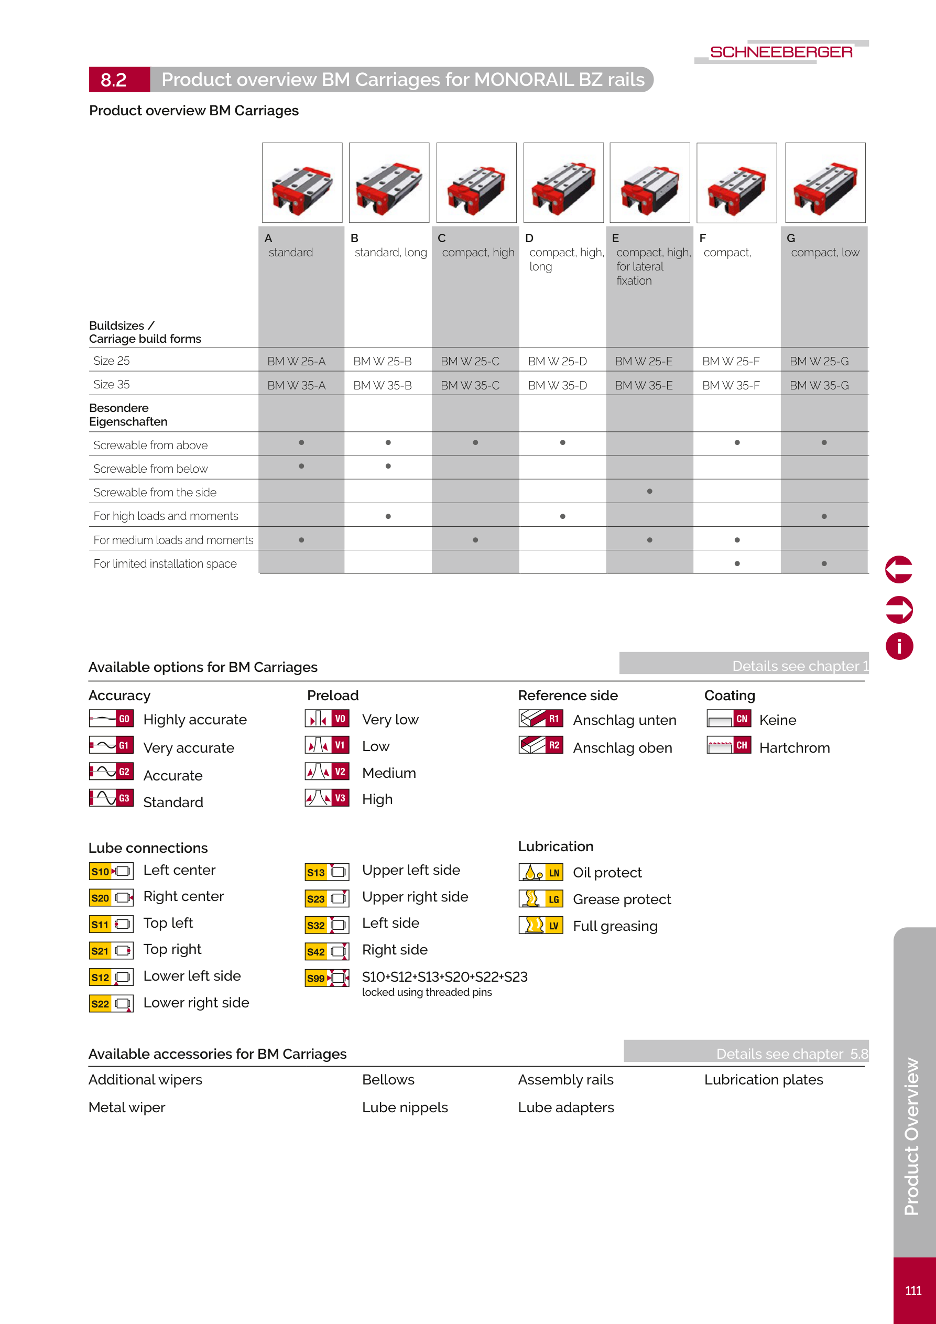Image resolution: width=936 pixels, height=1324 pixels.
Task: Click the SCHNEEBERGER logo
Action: [781, 52]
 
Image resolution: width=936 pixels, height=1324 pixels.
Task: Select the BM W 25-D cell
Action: [557, 362]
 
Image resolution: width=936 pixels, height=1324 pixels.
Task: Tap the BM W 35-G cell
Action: [819, 385]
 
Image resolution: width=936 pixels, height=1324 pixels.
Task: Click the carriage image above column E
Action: [650, 183]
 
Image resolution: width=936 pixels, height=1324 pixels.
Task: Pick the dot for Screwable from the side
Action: [650, 491]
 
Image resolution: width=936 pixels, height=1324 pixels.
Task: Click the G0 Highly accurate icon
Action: [111, 719]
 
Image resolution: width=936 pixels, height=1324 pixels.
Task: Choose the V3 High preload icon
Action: [327, 798]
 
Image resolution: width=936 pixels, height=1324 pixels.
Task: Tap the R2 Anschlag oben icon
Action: [541, 745]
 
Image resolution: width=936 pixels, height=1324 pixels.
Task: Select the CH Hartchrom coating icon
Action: [729, 745]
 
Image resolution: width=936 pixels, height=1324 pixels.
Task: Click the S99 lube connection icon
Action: [327, 978]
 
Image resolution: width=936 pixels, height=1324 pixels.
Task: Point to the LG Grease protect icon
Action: [541, 899]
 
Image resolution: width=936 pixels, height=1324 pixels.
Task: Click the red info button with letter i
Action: [899, 646]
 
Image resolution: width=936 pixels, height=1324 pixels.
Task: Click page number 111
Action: [913, 1290]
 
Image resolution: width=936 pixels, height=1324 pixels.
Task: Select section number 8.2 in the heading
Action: [114, 80]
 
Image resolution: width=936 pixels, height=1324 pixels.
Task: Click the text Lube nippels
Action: [405, 1107]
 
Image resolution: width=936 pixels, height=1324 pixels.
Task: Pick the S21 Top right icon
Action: [111, 951]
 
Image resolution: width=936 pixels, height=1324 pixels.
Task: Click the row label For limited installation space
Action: [165, 563]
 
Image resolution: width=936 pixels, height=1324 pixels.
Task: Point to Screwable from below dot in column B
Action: [388, 466]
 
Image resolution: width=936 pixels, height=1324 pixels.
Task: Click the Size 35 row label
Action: [111, 384]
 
